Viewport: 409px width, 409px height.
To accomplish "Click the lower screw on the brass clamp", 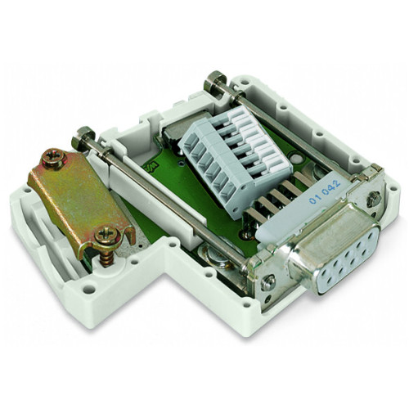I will [106, 236].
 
